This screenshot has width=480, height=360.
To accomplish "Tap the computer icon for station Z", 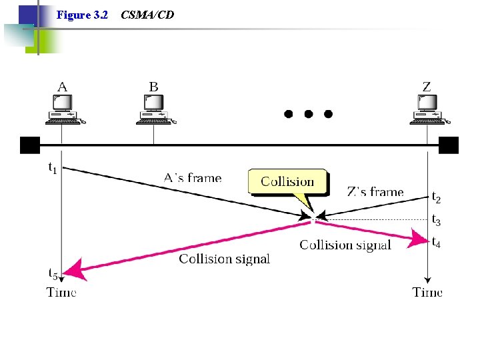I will click(x=428, y=109).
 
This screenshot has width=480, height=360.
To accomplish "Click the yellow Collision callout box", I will click(x=288, y=181).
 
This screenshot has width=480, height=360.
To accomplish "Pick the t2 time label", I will click(x=436, y=197).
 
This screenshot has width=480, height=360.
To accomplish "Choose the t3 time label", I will click(x=436, y=219).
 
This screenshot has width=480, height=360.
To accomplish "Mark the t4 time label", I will click(x=436, y=242).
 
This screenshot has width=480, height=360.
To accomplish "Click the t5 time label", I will click(x=52, y=273).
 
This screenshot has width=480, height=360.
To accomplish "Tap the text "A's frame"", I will click(x=193, y=177).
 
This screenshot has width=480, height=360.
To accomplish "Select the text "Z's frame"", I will click(x=375, y=192).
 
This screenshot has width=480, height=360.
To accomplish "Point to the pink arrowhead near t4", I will click(x=420, y=238).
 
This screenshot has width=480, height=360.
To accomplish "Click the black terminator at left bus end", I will click(x=30, y=145).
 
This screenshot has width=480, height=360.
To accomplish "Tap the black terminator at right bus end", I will click(x=449, y=145).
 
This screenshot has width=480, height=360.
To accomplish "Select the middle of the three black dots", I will click(x=308, y=114).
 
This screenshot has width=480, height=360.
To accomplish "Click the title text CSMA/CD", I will click(x=147, y=15).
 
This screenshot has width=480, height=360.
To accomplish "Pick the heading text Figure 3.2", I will click(x=82, y=15).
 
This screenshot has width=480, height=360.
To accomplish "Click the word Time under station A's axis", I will click(x=61, y=292).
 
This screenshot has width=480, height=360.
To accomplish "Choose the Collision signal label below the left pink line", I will click(x=224, y=259).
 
